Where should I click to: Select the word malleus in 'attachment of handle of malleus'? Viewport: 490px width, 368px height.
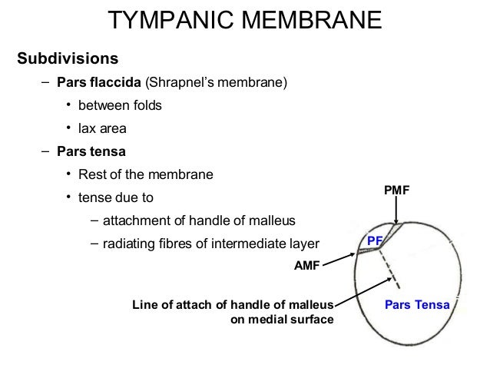pyautogui.click(x=272, y=221)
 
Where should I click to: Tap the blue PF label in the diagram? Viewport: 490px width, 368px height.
pyautogui.click(x=374, y=241)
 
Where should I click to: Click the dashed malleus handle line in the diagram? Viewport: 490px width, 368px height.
pyautogui.click(x=392, y=269)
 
